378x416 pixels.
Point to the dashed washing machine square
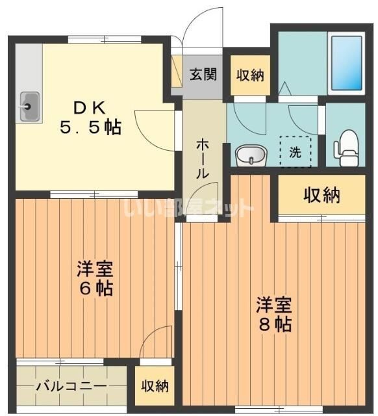click(295, 151)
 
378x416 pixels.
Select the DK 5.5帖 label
click(91, 116)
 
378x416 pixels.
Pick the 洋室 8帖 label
click(273, 315)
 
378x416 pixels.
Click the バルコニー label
click(71, 387)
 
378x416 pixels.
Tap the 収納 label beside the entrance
click(249, 75)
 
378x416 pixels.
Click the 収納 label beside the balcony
click(155, 386)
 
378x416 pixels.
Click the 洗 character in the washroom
click(295, 153)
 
